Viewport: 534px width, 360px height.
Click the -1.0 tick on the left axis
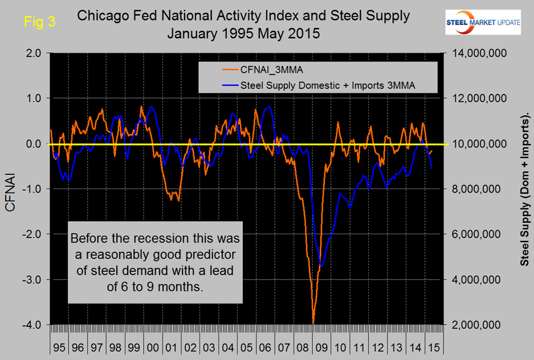(33, 189)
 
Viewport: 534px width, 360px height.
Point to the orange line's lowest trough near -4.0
(313, 324)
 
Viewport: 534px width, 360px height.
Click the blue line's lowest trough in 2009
(322, 265)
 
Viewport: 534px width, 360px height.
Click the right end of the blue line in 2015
(432, 168)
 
